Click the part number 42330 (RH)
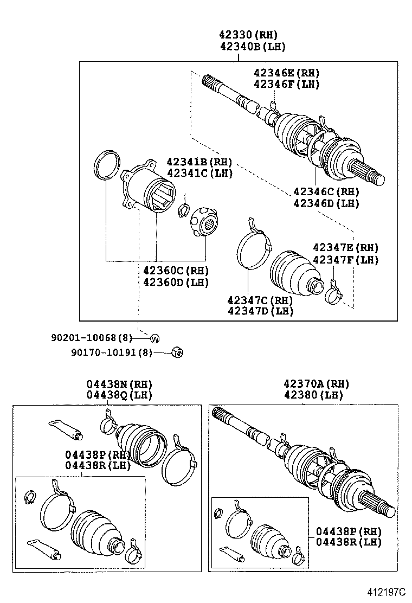tap(248, 35)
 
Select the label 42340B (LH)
tap(253, 47)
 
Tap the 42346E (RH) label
tap(286, 72)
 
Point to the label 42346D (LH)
tap(326, 203)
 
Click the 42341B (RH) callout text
tap(199, 162)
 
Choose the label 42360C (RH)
tap(176, 270)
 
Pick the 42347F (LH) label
tap(345, 260)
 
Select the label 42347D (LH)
tap(261, 311)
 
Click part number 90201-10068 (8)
tap(92, 338)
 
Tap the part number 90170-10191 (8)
tap(112, 352)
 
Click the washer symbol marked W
tap(154, 339)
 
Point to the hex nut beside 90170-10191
tap(177, 352)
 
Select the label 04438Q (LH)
tap(119, 395)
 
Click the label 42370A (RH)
tap(316, 384)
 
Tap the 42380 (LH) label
tap(313, 395)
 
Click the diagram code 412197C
tap(385, 591)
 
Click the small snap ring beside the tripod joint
tap(184, 210)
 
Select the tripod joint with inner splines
tap(204, 222)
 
